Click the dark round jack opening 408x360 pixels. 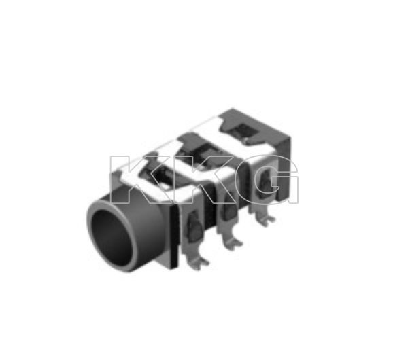(x=112, y=237)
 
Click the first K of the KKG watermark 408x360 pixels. (x=133, y=179)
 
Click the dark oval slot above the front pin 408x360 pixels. (x=194, y=226)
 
